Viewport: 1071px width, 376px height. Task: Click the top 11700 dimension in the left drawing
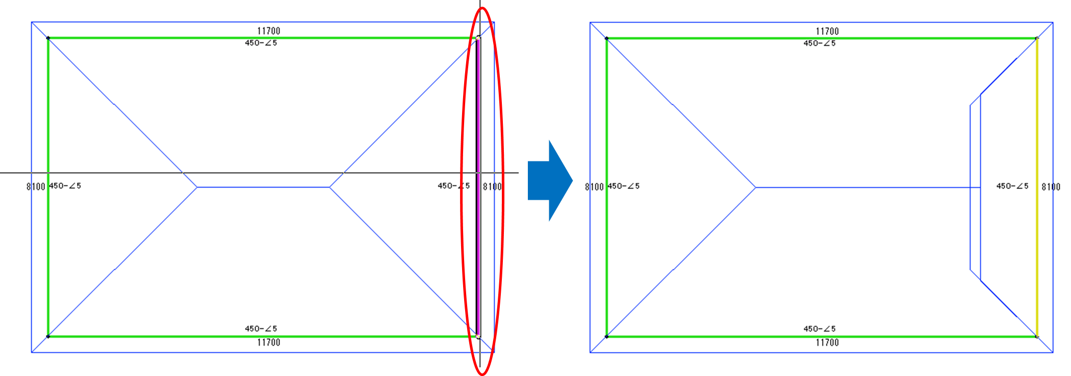click(x=269, y=31)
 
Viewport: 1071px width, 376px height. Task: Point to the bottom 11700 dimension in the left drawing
click(x=269, y=342)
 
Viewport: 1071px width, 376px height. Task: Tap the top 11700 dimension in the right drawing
click(x=827, y=31)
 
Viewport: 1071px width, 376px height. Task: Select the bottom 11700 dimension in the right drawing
click(x=827, y=342)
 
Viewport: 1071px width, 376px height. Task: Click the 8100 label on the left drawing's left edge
click(x=36, y=186)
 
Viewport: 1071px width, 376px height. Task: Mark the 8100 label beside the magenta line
click(x=492, y=186)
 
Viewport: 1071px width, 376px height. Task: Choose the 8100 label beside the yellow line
click(x=1051, y=187)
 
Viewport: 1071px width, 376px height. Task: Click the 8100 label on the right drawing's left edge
click(x=594, y=187)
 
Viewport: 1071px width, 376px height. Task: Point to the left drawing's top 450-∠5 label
click(x=261, y=43)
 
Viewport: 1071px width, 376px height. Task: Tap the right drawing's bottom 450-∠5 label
click(x=820, y=329)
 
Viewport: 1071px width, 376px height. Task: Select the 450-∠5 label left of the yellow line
click(x=1012, y=186)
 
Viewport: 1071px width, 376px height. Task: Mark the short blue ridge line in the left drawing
click(x=263, y=187)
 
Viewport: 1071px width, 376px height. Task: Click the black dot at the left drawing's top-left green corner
click(x=48, y=38)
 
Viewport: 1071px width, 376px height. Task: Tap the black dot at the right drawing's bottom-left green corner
click(x=606, y=337)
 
